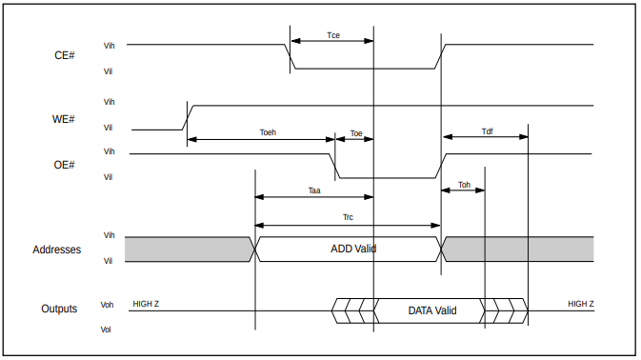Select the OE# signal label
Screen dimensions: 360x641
[x=65, y=165]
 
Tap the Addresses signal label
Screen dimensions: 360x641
[x=56, y=250]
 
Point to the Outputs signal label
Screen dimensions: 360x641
[x=59, y=309]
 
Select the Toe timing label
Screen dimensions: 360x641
[x=356, y=133]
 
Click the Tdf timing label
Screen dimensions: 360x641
[x=487, y=132]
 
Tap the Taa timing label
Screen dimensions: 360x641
[x=314, y=190]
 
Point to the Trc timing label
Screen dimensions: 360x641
[x=348, y=217]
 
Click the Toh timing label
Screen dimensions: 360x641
[x=464, y=184]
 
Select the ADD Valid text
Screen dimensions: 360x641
[x=353, y=249]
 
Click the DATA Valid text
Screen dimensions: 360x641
[x=432, y=310]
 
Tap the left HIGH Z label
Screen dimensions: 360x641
[x=146, y=304]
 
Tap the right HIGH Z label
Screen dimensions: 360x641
[x=581, y=304]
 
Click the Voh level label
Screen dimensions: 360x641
[x=108, y=305]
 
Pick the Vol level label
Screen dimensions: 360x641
[x=107, y=330]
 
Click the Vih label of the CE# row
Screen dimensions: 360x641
[x=109, y=45]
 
